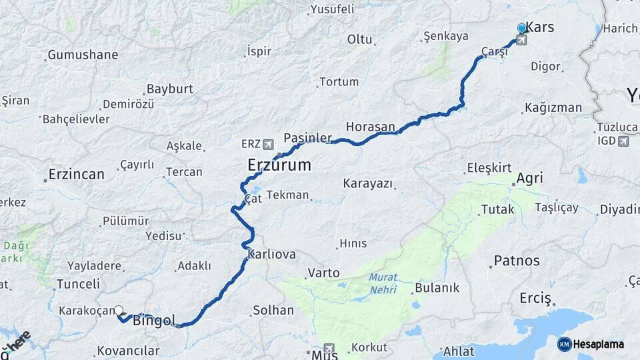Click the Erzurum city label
coord(279,165)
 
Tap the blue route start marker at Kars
coord(521,29)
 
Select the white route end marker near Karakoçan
coord(119,310)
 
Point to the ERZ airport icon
coord(268,144)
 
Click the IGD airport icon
coord(623,141)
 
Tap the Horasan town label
coord(370,127)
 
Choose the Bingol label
coord(154,321)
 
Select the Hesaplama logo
coord(591,344)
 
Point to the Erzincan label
coord(76,175)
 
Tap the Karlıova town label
coord(271,255)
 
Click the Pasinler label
coord(307,138)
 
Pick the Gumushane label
coord(83,55)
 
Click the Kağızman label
coord(553,107)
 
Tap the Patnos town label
coord(517,260)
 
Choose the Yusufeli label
coord(331,9)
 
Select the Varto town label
coord(323,273)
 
